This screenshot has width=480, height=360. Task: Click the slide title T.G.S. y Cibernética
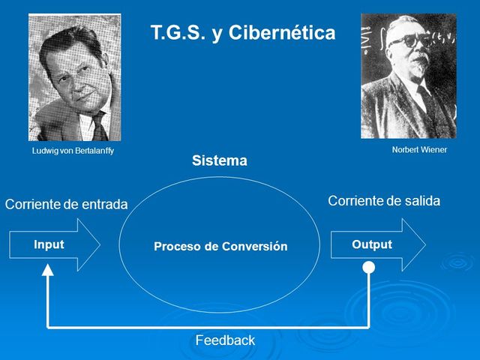point(243,33)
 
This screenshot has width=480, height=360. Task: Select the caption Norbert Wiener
point(419,149)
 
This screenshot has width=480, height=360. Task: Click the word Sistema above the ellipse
point(219,160)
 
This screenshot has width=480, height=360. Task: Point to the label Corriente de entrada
point(66,204)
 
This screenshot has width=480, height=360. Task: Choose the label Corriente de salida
point(384,201)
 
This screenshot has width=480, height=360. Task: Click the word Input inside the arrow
point(49,244)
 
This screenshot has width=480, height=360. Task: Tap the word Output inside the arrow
point(372,244)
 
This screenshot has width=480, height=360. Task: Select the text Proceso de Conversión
point(220,246)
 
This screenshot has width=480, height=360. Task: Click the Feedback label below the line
point(225,340)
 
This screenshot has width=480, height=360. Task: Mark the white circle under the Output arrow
point(368,268)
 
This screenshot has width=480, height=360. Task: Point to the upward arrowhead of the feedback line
point(48,271)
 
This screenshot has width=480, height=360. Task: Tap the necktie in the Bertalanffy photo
point(98,124)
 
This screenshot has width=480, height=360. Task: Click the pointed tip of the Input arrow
point(99,244)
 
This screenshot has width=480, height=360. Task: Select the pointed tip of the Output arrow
point(424,244)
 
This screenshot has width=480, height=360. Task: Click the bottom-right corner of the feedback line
point(368,327)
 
